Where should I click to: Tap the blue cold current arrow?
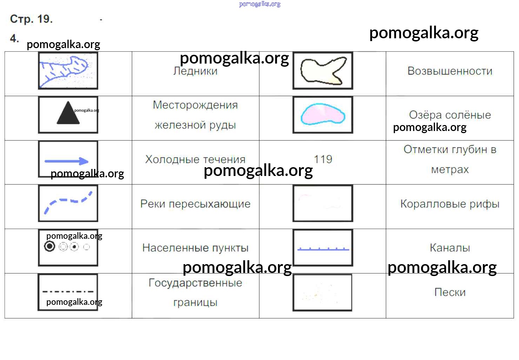point(66,161)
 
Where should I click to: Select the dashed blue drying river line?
point(68,202)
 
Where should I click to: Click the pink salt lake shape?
point(323,114)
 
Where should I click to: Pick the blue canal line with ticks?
point(323,249)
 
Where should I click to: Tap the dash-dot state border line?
point(68,292)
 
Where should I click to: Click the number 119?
point(323,159)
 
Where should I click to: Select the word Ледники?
point(195,71)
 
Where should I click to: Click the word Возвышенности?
point(450,71)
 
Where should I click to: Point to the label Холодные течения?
point(195,159)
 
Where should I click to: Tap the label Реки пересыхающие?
point(195,204)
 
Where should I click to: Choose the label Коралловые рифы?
point(450,204)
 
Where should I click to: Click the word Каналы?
point(450,248)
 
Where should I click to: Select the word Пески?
point(450,292)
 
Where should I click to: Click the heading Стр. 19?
point(31,19)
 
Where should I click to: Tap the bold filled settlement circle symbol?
point(49,246)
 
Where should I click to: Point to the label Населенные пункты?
point(195,248)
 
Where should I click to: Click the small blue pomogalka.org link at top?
point(260,4)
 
